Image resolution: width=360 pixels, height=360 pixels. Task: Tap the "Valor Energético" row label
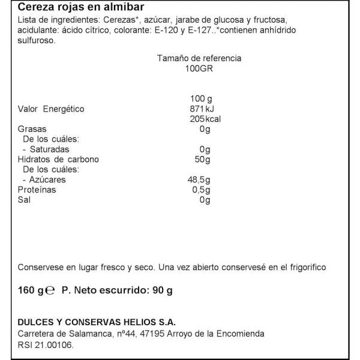52,109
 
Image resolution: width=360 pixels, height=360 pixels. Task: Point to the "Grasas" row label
33,130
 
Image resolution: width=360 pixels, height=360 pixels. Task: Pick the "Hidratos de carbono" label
59,160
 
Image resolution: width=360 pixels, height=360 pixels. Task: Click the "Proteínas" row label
37,190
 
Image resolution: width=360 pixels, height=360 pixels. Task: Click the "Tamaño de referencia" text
199,59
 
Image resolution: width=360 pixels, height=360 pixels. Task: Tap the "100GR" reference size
199,69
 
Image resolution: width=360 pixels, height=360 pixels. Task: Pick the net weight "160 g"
31,290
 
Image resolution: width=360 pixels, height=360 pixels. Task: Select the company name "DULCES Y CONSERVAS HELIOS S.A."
97,322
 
